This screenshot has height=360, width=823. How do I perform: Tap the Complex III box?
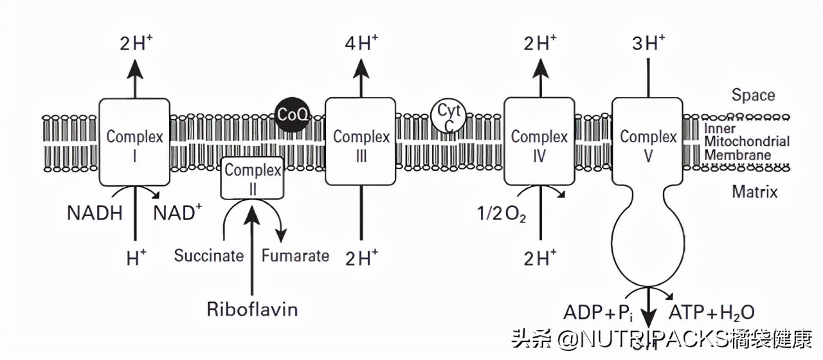[x=361, y=141]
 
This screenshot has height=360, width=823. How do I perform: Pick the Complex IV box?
[x=539, y=141]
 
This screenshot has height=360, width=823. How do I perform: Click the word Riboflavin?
[x=252, y=309]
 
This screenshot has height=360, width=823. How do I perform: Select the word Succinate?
[x=209, y=256]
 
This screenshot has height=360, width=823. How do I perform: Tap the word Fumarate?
[x=295, y=256]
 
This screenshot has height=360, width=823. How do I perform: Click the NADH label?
[x=95, y=213]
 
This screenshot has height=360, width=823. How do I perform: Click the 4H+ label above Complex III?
[x=361, y=44]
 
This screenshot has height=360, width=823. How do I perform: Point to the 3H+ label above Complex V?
[x=648, y=44]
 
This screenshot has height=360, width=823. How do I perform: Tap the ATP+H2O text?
[x=712, y=313]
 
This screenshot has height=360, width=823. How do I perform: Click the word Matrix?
[x=754, y=191]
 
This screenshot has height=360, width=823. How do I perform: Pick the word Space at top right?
[x=753, y=96]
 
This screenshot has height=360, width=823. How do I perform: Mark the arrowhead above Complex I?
[x=134, y=67]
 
